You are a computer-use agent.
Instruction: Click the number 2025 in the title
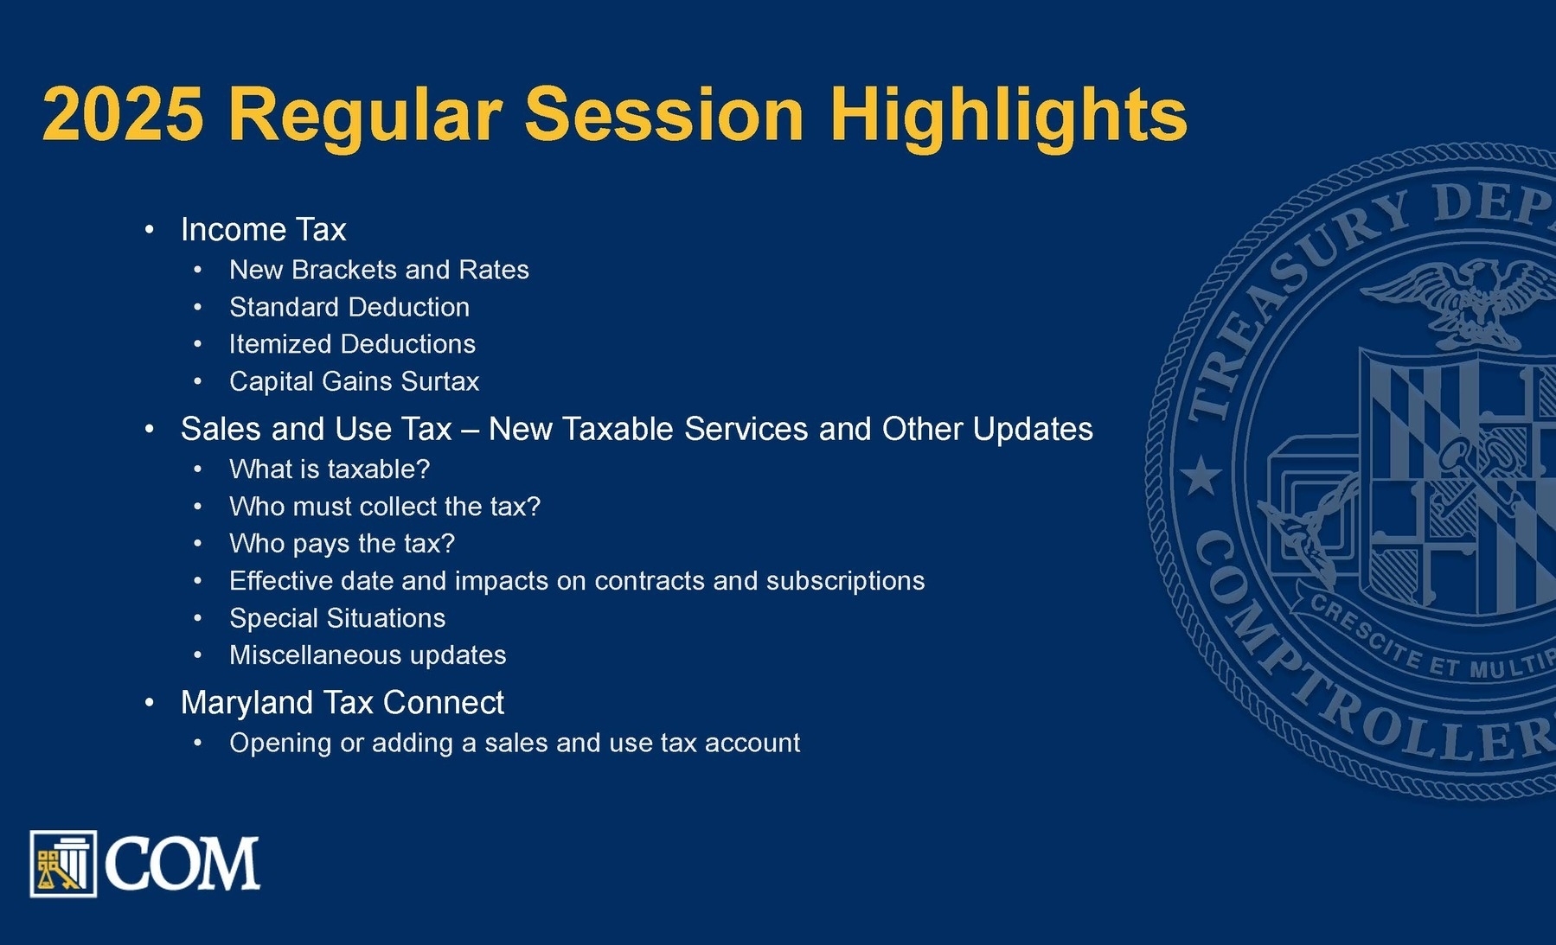click(x=123, y=114)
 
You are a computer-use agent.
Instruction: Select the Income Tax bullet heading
click(x=263, y=229)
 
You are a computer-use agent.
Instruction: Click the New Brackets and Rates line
click(x=379, y=270)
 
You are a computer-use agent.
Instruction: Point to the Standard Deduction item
click(x=349, y=307)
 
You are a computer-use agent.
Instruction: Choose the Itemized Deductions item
click(x=352, y=344)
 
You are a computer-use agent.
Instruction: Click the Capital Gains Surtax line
click(x=354, y=381)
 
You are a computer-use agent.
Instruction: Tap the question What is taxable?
click(x=330, y=469)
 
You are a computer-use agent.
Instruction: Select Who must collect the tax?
click(x=385, y=507)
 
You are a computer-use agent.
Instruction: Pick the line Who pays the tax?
click(x=342, y=544)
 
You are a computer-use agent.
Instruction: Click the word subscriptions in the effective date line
click(x=845, y=581)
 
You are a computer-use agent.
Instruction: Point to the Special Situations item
click(x=337, y=618)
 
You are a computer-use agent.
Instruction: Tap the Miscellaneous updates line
click(x=368, y=655)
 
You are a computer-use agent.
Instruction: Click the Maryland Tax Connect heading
click(x=342, y=703)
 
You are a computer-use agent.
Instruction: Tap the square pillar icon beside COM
click(x=63, y=864)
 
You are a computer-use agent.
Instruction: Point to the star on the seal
click(x=1201, y=476)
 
